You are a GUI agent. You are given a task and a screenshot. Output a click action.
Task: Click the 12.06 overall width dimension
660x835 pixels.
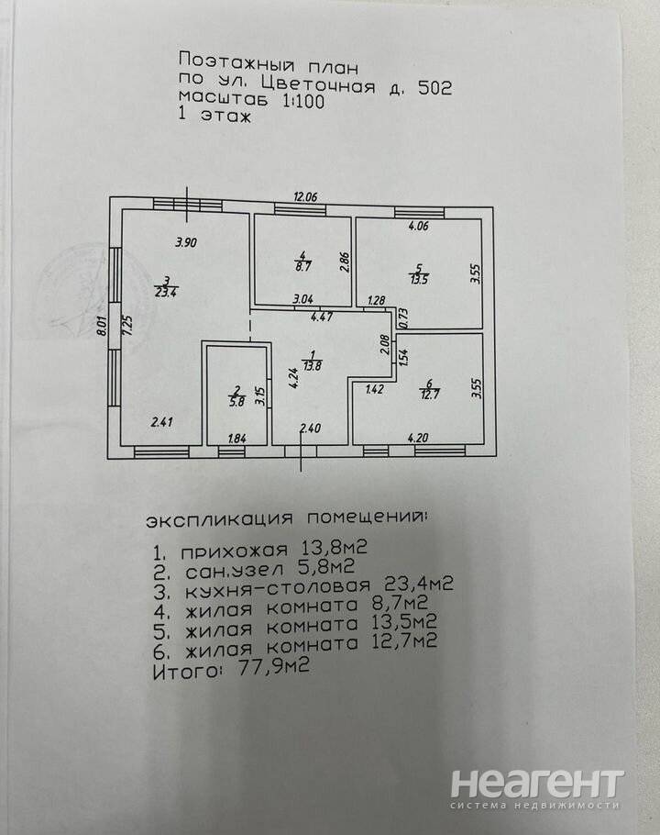tap(305, 197)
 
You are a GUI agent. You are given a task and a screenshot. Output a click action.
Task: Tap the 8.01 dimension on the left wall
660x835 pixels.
tap(102, 325)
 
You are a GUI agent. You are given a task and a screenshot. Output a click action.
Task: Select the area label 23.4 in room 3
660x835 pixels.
tap(165, 292)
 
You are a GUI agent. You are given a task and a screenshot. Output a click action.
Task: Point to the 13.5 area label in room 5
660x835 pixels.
tap(419, 279)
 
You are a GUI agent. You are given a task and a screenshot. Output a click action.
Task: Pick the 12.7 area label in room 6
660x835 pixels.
tap(429, 395)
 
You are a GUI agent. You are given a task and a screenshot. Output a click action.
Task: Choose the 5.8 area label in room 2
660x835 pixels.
tap(236, 402)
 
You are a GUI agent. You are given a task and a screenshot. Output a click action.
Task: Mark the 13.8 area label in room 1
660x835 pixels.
tap(313, 366)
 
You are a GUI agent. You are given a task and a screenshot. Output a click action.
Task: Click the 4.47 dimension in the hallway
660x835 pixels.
tap(322, 317)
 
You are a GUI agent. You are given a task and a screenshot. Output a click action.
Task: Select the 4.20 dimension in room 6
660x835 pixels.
tap(418, 439)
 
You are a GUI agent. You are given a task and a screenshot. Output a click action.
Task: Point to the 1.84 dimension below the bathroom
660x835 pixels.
tap(236, 439)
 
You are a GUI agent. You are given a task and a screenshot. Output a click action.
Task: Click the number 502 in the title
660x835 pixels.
tap(435, 87)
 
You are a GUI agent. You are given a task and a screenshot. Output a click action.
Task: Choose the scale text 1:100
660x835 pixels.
tap(303, 101)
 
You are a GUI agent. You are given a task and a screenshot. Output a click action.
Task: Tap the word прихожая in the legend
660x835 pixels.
tap(235, 551)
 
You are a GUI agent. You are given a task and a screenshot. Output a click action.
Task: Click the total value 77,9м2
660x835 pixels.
tap(273, 667)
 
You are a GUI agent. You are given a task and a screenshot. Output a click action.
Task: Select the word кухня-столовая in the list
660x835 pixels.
tap(278, 587)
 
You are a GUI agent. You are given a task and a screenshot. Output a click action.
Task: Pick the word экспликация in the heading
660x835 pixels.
tap(220, 519)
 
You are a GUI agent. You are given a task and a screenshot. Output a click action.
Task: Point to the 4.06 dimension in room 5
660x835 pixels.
tap(419, 226)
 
